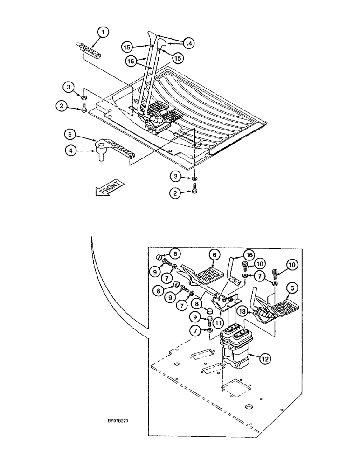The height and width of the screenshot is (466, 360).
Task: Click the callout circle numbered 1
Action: [103, 32]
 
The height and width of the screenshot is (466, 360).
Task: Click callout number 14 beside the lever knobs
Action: [188, 43]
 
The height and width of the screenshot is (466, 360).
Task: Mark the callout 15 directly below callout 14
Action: [178, 58]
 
